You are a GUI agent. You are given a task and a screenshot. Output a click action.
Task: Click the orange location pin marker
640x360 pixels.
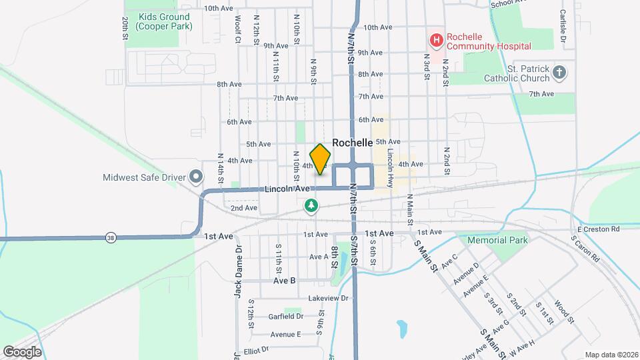click(x=321, y=159)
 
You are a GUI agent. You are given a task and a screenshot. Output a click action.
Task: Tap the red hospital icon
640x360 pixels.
click(x=436, y=41)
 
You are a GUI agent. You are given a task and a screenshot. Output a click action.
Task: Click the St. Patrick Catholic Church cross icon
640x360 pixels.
click(x=559, y=72)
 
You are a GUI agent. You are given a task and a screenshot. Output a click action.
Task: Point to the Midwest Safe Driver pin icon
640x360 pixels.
click(x=196, y=177)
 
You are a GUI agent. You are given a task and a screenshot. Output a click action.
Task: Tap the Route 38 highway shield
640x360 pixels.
click(x=109, y=237)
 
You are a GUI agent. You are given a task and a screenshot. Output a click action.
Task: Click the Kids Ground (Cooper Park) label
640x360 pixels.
click(x=163, y=21)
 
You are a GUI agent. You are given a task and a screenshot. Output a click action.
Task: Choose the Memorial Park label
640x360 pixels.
click(x=497, y=240)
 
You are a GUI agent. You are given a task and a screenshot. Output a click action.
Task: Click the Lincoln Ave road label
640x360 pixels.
click(x=287, y=189)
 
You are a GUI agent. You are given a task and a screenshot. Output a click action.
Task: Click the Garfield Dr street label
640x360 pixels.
click(x=286, y=317)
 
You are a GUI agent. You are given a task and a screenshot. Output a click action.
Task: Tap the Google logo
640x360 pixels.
click(x=22, y=351)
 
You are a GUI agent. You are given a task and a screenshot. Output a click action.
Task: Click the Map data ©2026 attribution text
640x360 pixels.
click(x=611, y=355)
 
